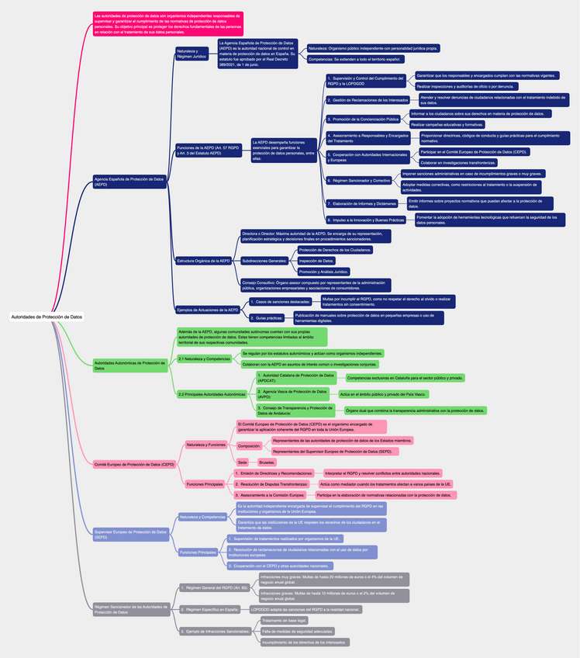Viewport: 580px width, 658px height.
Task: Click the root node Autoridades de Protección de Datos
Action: pos(47,317)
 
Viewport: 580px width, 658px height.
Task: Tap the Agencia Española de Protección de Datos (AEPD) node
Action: pos(129,181)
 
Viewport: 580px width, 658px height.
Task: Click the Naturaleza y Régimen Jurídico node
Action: pos(192,54)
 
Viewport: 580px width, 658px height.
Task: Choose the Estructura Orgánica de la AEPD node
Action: pos(204,261)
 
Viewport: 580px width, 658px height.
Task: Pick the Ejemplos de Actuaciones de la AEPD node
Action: pos(208,310)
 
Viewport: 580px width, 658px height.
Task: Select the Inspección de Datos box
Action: pos(317,261)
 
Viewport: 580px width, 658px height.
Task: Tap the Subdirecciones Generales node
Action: pos(264,261)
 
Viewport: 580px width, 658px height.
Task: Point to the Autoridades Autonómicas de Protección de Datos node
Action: pos(129,365)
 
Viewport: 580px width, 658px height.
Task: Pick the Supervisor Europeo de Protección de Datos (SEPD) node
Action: pos(129,534)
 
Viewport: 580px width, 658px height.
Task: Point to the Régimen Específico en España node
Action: pos(209,609)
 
